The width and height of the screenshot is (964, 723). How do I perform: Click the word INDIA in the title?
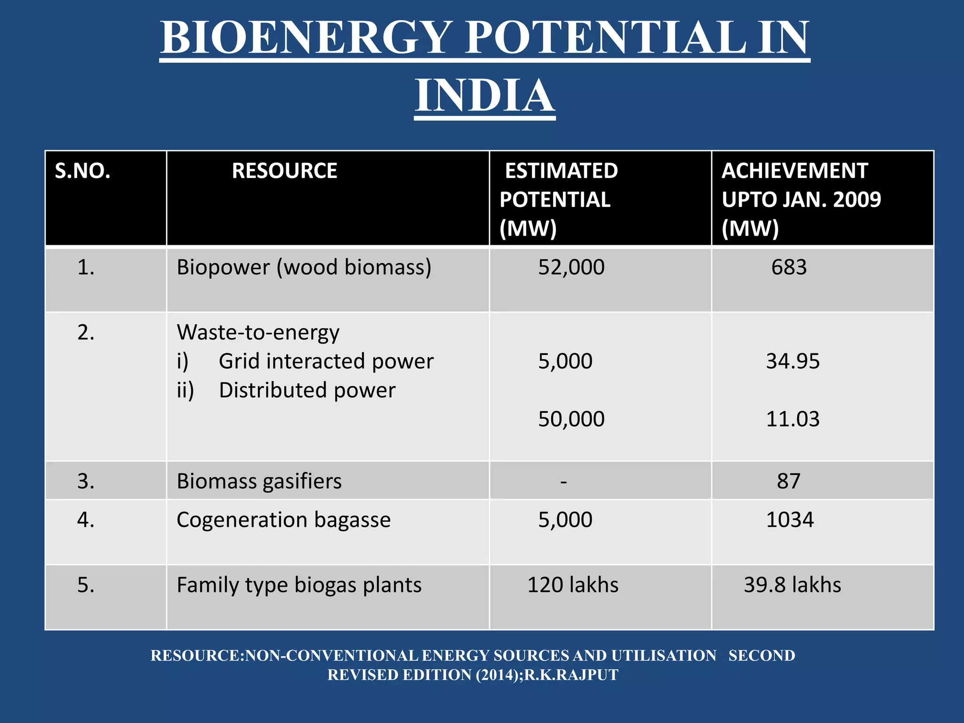click(484, 96)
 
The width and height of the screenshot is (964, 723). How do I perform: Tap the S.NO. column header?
click(83, 171)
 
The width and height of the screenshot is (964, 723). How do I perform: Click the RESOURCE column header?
click(284, 171)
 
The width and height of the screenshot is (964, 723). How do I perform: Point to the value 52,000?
click(571, 267)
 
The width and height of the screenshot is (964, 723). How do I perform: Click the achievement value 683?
click(789, 267)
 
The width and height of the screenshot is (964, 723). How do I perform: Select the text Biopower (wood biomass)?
click(304, 267)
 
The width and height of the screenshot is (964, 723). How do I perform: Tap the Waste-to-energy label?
click(258, 333)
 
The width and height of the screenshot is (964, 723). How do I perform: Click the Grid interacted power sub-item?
click(326, 361)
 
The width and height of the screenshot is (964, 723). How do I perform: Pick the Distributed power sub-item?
click(307, 390)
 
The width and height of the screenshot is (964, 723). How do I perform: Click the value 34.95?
click(793, 361)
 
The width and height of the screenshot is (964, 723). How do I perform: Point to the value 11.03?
click(793, 419)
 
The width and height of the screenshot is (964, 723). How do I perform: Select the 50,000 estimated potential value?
click(571, 419)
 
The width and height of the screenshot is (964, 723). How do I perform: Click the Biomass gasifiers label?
click(259, 482)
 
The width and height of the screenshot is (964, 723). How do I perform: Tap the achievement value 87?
click(788, 482)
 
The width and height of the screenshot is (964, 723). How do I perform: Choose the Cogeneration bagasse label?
click(283, 520)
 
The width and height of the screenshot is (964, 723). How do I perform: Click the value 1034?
click(790, 520)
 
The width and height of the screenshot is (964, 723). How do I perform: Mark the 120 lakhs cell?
click(573, 585)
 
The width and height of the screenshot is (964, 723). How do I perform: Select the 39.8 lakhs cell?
click(792, 585)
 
